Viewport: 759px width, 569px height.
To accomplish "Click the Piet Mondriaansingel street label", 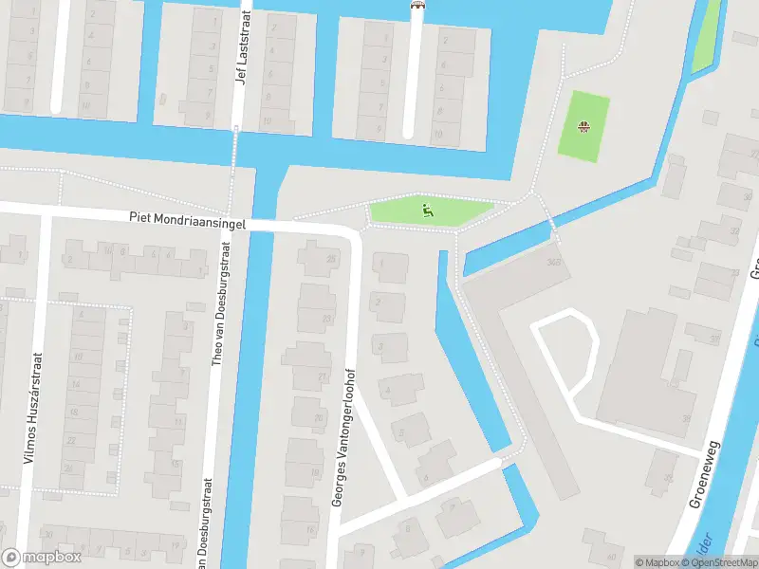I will tap(188, 220).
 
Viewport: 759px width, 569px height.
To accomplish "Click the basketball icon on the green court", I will tap(585, 126).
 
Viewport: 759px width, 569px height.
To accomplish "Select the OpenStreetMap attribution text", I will tap(724, 562).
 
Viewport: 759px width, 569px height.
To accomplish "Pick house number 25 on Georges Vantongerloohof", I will tap(331, 258).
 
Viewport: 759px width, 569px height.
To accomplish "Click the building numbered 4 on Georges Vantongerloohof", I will tap(387, 390).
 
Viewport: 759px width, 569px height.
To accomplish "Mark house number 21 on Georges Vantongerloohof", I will tap(323, 376).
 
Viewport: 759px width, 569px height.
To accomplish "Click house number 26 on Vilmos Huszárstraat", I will tap(66, 468).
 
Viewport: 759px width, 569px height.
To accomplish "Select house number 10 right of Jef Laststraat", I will tap(267, 120).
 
